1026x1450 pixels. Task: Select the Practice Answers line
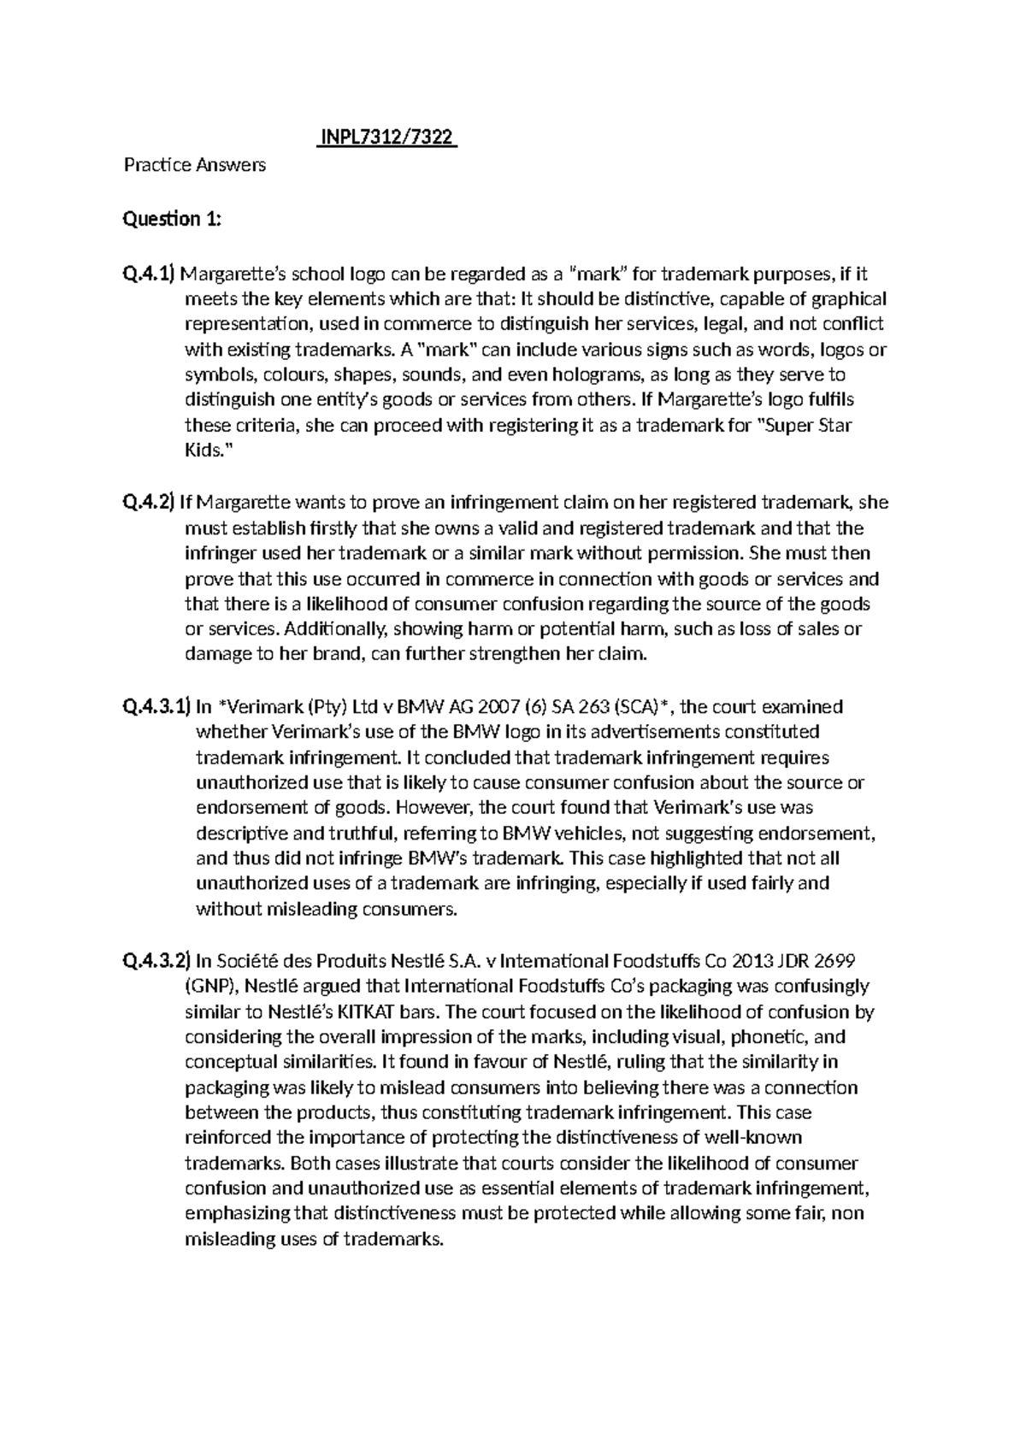[195, 164]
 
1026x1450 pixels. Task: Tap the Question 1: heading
[173, 220]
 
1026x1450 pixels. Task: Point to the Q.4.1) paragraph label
[149, 274]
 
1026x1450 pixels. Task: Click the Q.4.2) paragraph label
[149, 503]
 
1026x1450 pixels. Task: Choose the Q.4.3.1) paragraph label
[155, 707]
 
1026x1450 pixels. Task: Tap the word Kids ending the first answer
[203, 450]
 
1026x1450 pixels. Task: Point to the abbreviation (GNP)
[209, 986]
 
